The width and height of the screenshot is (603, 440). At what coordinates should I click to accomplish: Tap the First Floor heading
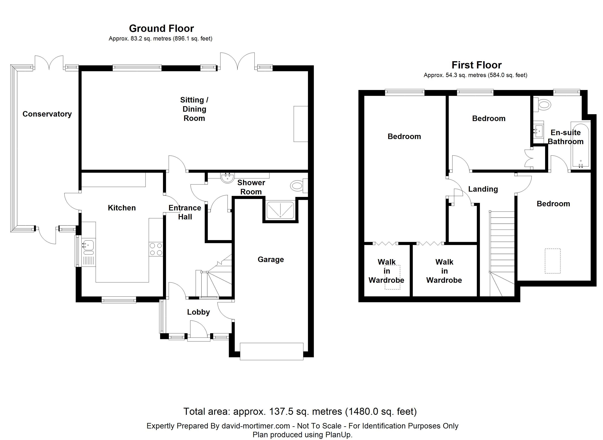pos(476,65)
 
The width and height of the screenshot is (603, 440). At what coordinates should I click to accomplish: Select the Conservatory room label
pos(47,114)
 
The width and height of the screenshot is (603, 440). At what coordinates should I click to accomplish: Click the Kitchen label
pos(122,208)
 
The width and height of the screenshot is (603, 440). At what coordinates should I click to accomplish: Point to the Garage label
pos(271,260)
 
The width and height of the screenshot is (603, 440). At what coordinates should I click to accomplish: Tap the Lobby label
pos(199,312)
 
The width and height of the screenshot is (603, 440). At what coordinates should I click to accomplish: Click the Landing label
pos(483,189)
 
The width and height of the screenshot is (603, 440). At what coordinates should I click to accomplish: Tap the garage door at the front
pos(272,352)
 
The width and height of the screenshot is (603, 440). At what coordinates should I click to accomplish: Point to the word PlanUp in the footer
pos(339,435)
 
